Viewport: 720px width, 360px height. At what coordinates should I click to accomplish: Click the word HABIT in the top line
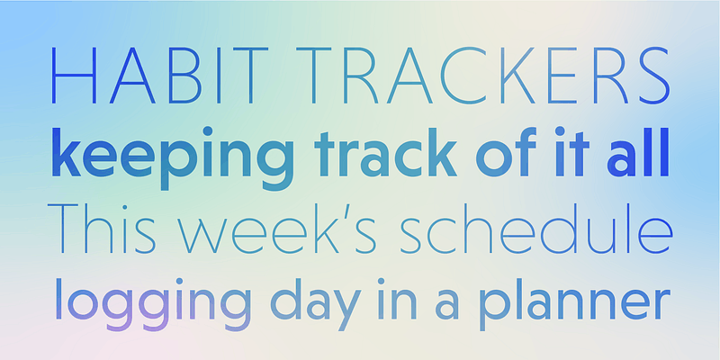pyautogui.click(x=159, y=76)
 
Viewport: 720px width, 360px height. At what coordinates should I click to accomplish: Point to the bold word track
pyautogui.click(x=386, y=153)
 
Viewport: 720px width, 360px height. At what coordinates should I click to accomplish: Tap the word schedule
pyautogui.click(x=536, y=228)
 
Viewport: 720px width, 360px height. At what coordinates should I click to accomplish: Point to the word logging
pyautogui.click(x=153, y=303)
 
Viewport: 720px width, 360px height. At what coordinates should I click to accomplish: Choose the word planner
pyautogui.click(x=574, y=303)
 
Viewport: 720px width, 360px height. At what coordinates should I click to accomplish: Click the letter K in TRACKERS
pyautogui.click(x=518, y=76)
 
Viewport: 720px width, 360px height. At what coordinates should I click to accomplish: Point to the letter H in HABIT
pyautogui.click(x=74, y=76)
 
